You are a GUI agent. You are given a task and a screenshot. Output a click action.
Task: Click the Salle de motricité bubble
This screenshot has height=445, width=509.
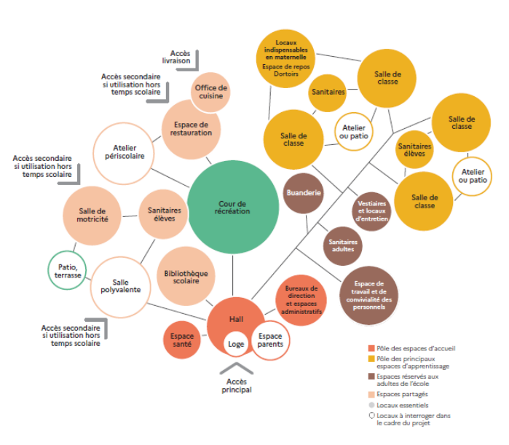tap(93, 215)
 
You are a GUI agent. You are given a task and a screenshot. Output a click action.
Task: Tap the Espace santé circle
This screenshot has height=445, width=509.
tap(182, 340)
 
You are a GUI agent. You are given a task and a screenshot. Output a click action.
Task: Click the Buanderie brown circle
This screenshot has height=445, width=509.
tap(303, 194)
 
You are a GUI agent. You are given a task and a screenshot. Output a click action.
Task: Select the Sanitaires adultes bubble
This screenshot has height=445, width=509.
tap(342, 245)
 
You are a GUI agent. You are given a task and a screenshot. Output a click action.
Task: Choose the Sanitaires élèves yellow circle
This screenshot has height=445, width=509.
tap(414, 149)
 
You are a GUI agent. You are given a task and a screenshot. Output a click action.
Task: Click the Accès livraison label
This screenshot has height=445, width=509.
tap(180, 58)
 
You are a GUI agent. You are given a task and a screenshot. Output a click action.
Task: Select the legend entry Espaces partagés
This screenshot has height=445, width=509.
tap(394, 393)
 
